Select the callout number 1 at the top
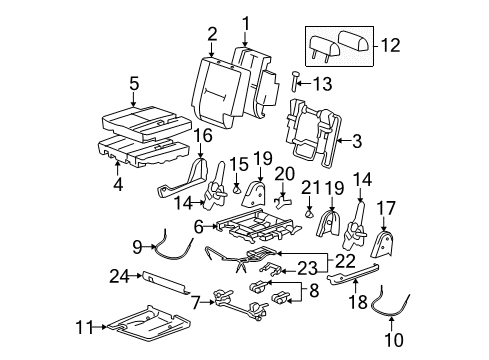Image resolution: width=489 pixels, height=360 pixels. (x=245, y=22)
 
